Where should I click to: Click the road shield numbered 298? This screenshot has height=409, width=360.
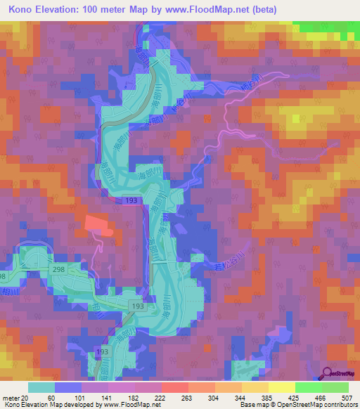pyautogui.click(x=58, y=269)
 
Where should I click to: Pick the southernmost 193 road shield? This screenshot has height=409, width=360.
pyautogui.click(x=103, y=351)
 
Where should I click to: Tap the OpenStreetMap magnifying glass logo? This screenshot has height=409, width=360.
pyautogui.click(x=327, y=374)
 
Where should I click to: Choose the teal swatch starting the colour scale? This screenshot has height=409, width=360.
pyautogui.click(x=41, y=387)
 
